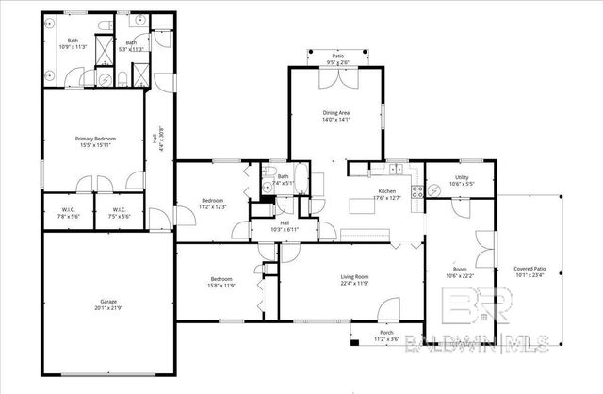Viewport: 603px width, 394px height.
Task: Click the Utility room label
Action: (x=461, y=176)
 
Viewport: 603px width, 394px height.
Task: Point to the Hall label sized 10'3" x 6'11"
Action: (x=284, y=224)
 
